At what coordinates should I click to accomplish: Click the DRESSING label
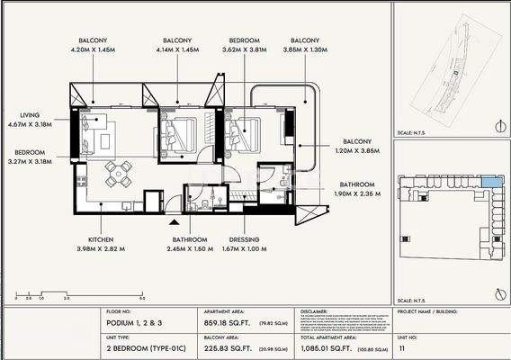click(244, 239)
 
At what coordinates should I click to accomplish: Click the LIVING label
click(31, 115)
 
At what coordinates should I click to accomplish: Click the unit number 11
click(401, 346)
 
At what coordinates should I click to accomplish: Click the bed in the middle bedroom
click(182, 136)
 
